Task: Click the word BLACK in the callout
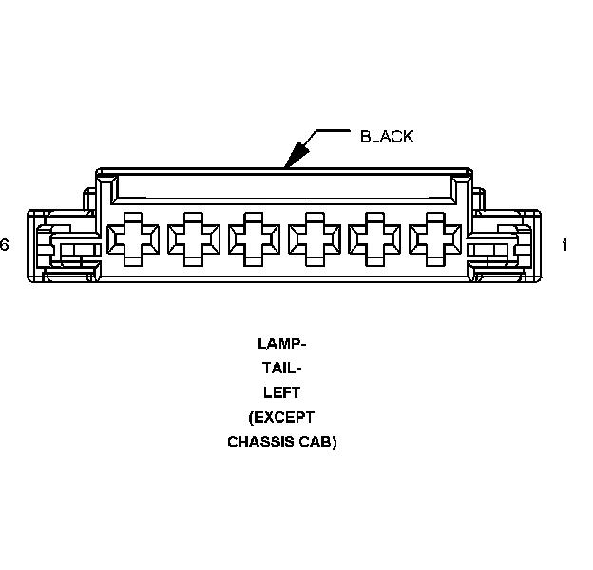coord(387,137)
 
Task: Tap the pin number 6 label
coord(5,245)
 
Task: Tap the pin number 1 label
coord(564,245)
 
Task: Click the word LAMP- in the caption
coord(281,343)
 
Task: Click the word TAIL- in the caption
coord(281,368)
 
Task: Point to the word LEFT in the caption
coord(281,392)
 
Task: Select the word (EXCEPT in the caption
coord(281,417)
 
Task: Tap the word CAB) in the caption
coord(320,442)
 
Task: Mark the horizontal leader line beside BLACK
coord(333,130)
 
